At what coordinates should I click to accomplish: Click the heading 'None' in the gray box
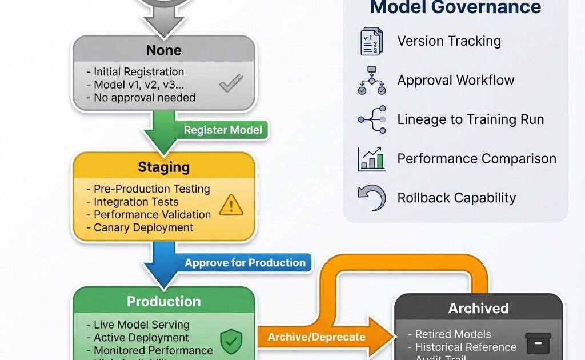[163, 50]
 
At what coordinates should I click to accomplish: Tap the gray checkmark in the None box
[231, 84]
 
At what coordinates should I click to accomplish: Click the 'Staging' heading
[163, 167]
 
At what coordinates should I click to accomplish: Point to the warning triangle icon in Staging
[231, 205]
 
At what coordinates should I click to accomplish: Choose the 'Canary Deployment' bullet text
[143, 227]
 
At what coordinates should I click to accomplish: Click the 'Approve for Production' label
[245, 263]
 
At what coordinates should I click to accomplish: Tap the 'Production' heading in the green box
[163, 301]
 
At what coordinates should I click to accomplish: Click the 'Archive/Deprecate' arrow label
[316, 337]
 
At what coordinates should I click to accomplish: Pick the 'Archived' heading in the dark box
[478, 309]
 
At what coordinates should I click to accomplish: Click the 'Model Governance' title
[455, 8]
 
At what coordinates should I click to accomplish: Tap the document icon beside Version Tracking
[372, 42]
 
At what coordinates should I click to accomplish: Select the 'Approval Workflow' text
[456, 80]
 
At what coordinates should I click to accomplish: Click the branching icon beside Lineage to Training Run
[372, 119]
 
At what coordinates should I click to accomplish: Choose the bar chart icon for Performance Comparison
[372, 159]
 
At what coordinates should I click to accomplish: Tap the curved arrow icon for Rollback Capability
[371, 198]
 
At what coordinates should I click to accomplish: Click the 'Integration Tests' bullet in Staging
[136, 202]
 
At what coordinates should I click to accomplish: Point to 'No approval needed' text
[144, 98]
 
